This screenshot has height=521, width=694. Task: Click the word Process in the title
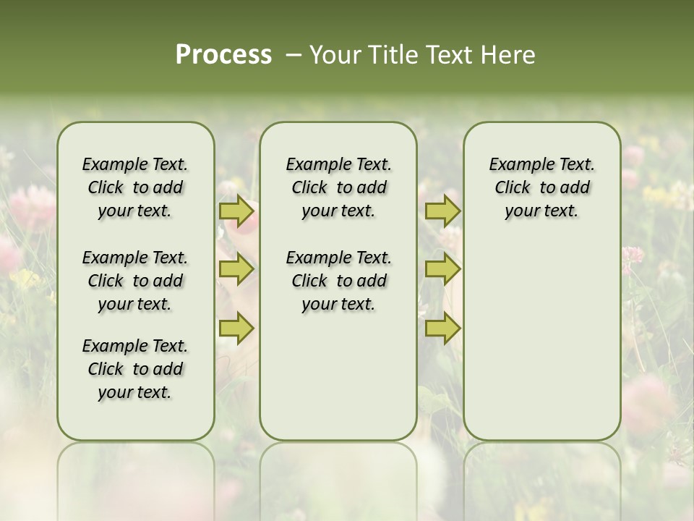click(x=223, y=55)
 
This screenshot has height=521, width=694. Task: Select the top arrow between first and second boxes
click(x=236, y=211)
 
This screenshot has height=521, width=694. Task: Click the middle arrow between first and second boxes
click(x=236, y=269)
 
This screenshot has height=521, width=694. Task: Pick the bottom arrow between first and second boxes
click(x=236, y=328)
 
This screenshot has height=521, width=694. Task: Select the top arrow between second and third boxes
click(x=442, y=211)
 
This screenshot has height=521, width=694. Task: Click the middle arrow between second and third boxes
click(x=442, y=269)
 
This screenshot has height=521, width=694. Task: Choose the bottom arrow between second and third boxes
click(x=442, y=328)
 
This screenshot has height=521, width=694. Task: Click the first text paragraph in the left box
click(x=135, y=187)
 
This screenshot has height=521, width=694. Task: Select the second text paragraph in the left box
click(x=135, y=281)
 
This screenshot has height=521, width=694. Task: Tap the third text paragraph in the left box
click(x=135, y=369)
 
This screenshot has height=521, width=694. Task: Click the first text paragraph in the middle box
click(x=338, y=187)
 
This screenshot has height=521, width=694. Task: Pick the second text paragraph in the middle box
click(x=338, y=281)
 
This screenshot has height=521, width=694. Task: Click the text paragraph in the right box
click(x=541, y=187)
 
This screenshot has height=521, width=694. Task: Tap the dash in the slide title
click(x=294, y=55)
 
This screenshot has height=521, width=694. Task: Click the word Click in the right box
click(x=513, y=188)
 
